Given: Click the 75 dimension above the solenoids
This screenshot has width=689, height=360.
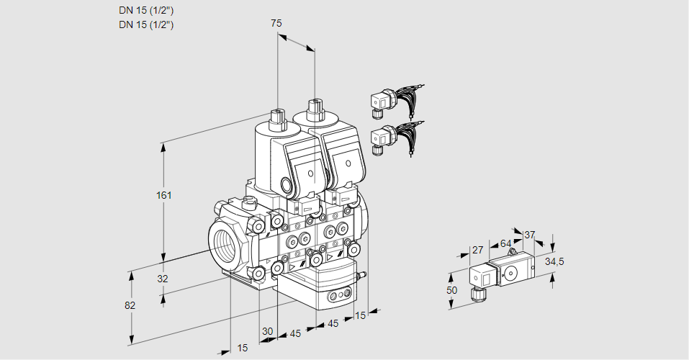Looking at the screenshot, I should tap(276, 23).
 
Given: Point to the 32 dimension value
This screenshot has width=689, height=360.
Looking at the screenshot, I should tap(162, 279).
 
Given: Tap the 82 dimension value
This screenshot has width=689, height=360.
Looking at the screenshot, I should tap(130, 305).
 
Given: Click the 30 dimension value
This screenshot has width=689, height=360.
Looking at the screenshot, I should tap(268, 331).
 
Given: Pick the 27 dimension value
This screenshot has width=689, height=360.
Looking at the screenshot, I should tap(477, 250).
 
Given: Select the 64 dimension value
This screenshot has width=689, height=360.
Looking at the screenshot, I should tap(505, 243).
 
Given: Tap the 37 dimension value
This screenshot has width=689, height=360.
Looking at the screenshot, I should tap(530, 235).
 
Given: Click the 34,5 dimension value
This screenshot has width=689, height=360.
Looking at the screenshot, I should tap(554, 261).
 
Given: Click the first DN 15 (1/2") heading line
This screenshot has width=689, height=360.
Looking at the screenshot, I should tap(146, 11).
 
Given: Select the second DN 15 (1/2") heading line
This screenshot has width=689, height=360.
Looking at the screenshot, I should tap(146, 24).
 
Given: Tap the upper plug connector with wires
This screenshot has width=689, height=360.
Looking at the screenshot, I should tap(392, 101).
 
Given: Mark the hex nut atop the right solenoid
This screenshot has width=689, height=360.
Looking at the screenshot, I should tap(314, 109).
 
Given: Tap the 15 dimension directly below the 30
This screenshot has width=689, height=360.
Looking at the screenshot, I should tap(243, 348).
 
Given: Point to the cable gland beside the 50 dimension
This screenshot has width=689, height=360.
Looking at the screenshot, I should tap(475, 293).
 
